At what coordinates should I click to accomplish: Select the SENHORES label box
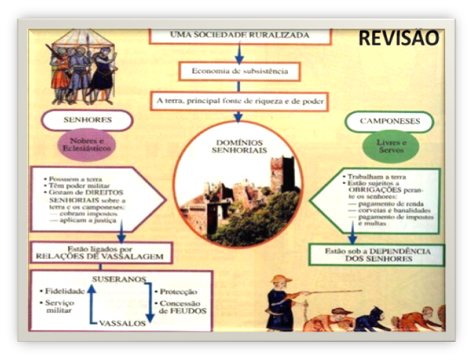tap(87, 120)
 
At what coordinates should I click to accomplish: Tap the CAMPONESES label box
tap(389, 121)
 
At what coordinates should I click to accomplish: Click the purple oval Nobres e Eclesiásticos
tap(86, 145)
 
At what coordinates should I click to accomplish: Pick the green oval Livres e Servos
tap(389, 145)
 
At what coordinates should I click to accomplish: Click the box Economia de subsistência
tap(239, 71)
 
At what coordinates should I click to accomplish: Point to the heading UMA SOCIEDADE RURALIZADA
tap(239, 35)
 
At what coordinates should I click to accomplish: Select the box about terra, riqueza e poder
tap(239, 101)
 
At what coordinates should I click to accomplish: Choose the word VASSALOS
tap(121, 323)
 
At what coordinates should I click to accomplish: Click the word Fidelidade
tap(62, 290)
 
